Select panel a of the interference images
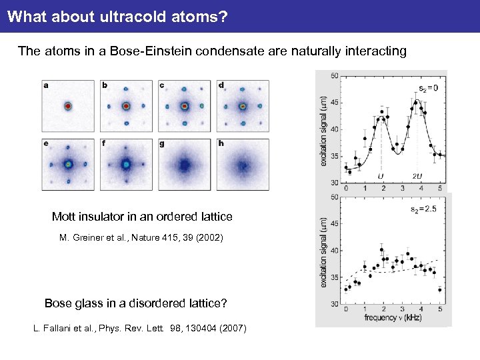click(x=67, y=106)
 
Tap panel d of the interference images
click(x=243, y=106)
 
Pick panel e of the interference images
click(x=67, y=164)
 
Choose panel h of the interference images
click(x=243, y=164)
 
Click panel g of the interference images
click(x=185, y=164)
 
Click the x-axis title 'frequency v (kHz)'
click(x=394, y=319)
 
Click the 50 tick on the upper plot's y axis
click(x=333, y=75)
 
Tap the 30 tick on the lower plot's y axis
click(x=333, y=304)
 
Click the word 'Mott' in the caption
click(x=65, y=217)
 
